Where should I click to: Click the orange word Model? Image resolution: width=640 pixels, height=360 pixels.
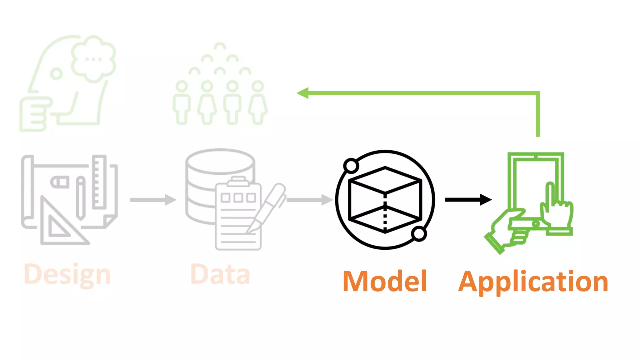click(x=385, y=281)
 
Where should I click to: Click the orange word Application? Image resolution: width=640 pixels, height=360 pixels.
click(x=533, y=282)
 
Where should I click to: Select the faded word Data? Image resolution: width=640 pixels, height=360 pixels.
click(x=220, y=274)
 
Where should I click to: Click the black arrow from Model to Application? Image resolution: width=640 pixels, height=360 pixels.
click(x=468, y=200)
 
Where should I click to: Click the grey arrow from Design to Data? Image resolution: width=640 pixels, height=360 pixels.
click(x=152, y=200)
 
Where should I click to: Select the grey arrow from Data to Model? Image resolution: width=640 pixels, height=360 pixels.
click(x=309, y=200)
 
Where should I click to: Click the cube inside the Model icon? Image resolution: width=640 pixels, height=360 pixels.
click(x=385, y=200)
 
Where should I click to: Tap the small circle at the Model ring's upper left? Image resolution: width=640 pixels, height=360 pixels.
click(x=351, y=166)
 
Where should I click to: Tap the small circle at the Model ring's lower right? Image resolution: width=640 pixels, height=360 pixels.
click(x=419, y=234)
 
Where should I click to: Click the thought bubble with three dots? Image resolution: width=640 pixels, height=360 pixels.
click(x=93, y=59)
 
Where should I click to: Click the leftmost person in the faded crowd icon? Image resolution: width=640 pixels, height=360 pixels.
click(x=182, y=103)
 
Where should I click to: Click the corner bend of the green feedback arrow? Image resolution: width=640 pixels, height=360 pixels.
click(x=538, y=93)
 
